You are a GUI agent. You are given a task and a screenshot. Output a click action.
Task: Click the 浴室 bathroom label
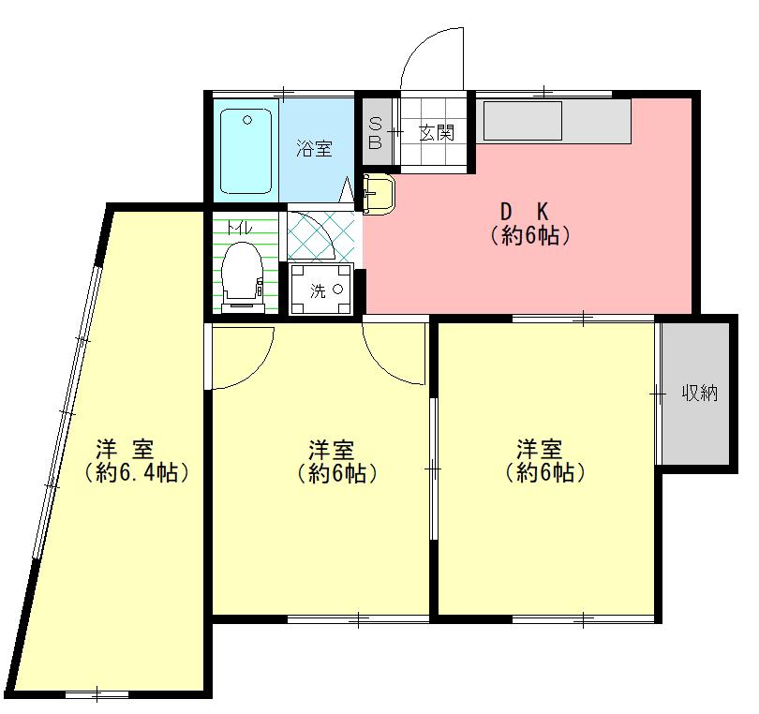coord(314,148)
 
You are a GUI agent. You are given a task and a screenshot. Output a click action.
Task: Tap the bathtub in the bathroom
coord(246,151)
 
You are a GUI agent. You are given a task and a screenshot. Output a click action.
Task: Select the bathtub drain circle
coord(247,120)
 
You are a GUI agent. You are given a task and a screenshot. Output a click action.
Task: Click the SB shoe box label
coord(376,133)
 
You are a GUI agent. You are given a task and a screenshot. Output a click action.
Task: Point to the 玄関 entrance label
coord(437,133)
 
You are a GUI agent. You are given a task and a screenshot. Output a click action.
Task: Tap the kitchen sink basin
coord(522,121)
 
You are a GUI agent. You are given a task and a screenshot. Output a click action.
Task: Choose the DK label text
coord(524,212)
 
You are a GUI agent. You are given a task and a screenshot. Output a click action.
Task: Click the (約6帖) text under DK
coord(530,236)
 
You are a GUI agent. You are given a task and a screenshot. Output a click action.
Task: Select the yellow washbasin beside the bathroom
coord(379,194)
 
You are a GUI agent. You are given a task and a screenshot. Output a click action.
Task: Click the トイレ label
coord(240,228)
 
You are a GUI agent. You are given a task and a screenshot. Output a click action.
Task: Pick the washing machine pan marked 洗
coord(320,290)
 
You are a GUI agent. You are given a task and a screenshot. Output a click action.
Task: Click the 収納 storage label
coord(700,393)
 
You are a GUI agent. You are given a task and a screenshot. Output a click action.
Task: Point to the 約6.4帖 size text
coord(136,472)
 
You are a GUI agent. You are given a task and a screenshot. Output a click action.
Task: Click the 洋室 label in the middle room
coord(332,449)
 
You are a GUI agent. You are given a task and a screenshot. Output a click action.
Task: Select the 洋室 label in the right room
coord(540,449)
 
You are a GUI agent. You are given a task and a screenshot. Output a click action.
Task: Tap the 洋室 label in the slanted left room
coord(125,449)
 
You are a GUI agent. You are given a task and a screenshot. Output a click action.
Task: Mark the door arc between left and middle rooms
coord(257,368)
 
